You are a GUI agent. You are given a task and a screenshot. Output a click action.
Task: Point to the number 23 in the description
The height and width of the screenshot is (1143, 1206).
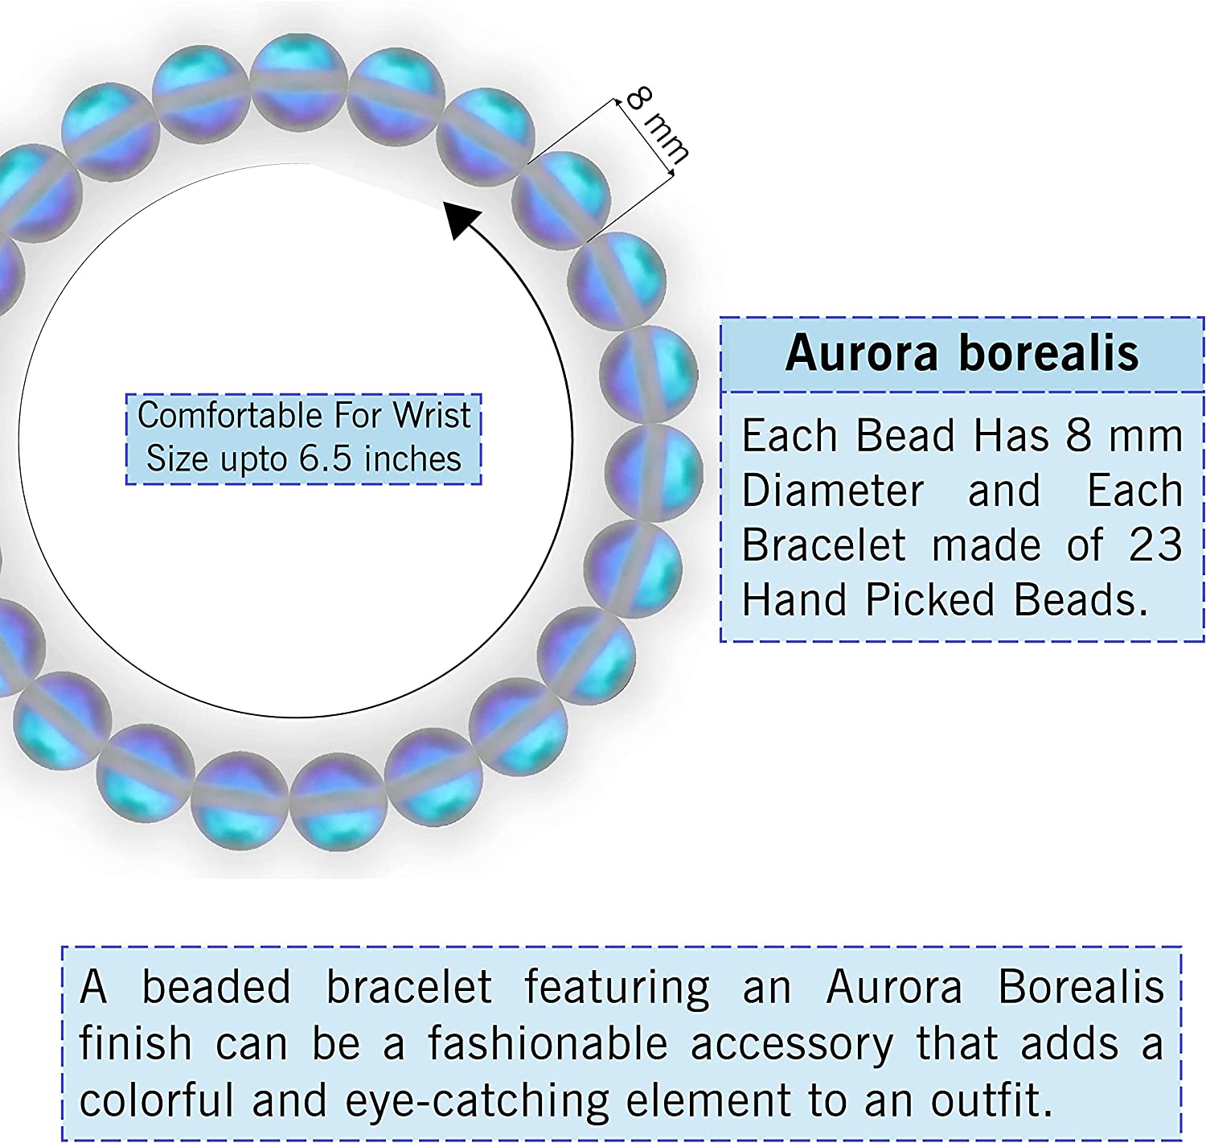click(x=1155, y=545)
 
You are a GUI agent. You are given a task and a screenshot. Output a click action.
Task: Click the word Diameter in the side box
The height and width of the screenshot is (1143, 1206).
click(x=833, y=491)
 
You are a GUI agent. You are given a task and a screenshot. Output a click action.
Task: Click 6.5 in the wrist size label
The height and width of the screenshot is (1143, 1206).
click(x=326, y=459)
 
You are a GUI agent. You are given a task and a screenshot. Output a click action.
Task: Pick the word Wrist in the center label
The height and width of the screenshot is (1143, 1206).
click(x=431, y=416)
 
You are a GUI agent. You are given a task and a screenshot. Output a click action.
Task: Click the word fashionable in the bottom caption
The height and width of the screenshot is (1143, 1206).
click(x=548, y=1043)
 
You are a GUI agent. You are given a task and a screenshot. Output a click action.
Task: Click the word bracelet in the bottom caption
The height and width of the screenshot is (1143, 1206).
click(x=409, y=987)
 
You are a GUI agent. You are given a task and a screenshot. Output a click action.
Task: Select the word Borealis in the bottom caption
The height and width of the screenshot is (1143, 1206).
click(x=1081, y=987)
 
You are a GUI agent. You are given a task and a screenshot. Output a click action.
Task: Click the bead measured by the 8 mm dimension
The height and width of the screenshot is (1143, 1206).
click(x=560, y=199)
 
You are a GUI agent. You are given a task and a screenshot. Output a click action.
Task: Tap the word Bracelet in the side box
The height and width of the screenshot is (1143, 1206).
click(x=824, y=545)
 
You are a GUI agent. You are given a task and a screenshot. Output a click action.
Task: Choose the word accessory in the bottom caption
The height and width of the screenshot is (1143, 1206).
click(x=792, y=1045)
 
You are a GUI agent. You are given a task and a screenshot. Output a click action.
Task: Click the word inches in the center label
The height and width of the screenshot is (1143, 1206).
click(x=412, y=459)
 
